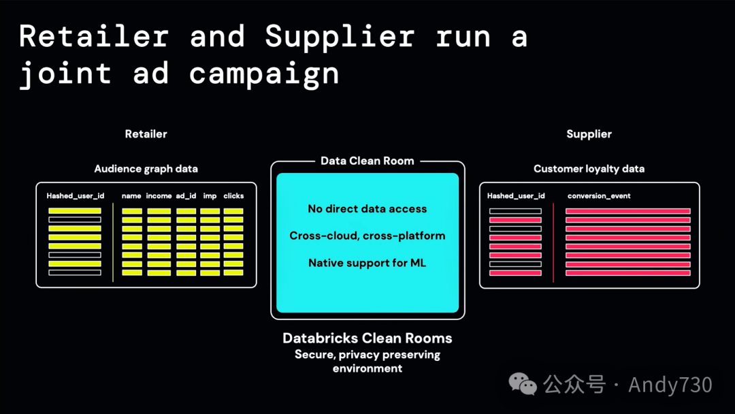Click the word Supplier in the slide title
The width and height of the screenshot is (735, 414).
click(x=340, y=37)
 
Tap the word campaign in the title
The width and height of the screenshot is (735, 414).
click(x=264, y=73)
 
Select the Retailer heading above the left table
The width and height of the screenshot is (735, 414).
click(x=146, y=134)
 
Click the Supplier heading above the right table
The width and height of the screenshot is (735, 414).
click(x=589, y=134)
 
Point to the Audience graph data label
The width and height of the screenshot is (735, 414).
click(x=146, y=169)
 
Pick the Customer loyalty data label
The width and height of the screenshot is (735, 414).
click(x=589, y=169)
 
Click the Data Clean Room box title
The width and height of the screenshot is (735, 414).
click(x=367, y=161)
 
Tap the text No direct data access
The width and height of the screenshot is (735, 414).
click(x=367, y=208)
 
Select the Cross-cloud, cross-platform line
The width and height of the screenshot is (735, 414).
click(x=367, y=236)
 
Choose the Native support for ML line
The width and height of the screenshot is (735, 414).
click(x=367, y=263)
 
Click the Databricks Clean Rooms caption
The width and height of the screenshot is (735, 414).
click(x=367, y=338)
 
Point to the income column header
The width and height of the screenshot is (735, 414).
click(x=159, y=196)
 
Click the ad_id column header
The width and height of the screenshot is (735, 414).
click(x=186, y=196)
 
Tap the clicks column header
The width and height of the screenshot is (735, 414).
click(x=233, y=196)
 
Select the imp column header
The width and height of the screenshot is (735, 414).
click(x=210, y=196)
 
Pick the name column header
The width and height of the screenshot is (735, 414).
click(x=131, y=196)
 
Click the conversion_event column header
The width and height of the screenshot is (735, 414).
click(x=599, y=196)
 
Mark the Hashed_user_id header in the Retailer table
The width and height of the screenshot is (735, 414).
click(x=75, y=196)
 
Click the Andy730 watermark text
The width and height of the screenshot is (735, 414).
click(x=670, y=385)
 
